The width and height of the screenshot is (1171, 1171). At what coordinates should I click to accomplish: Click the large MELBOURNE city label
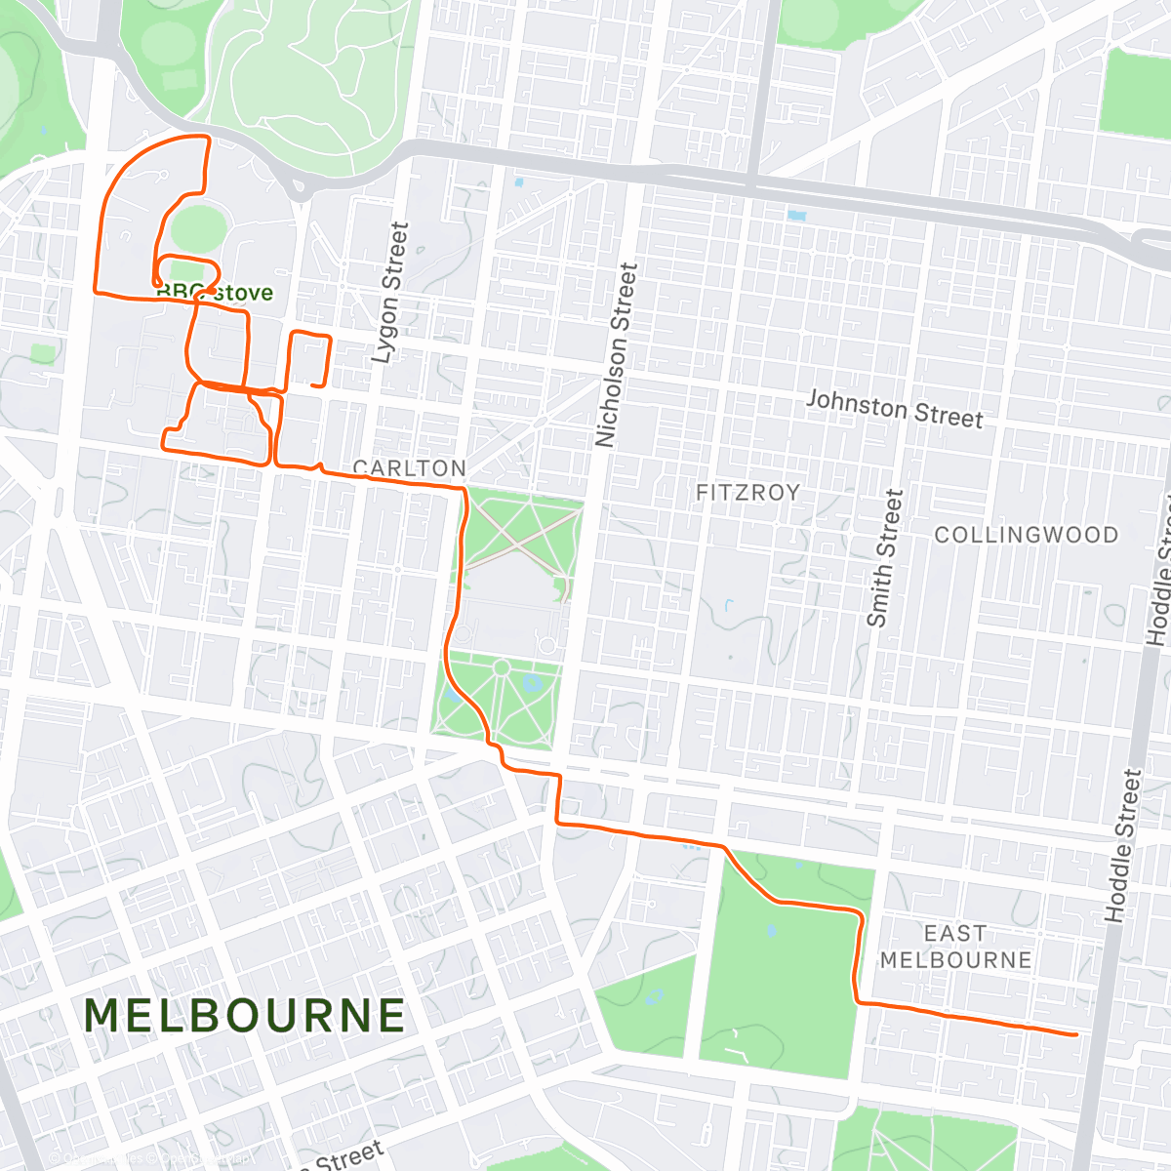pos(244,1016)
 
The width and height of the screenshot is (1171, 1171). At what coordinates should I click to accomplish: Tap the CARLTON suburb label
pos(409,468)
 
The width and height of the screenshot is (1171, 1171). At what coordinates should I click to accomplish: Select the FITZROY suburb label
pos(747,493)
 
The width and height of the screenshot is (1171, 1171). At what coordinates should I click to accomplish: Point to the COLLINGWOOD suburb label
pos(1026,535)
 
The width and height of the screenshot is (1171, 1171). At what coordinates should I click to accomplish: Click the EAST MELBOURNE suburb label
pos(955,947)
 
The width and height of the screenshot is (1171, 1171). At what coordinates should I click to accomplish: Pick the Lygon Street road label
pos(390,293)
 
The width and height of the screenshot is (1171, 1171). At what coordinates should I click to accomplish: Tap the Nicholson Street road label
pos(617,355)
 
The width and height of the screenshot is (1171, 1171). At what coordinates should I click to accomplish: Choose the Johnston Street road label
pos(894,409)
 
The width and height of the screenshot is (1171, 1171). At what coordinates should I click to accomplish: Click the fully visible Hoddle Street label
pos(1122,845)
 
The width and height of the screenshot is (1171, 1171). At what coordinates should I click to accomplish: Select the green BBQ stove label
pos(215,293)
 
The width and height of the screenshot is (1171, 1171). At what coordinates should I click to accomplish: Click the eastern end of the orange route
pos(1075,1034)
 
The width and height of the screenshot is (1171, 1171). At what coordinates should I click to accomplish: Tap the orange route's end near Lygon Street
pos(313,385)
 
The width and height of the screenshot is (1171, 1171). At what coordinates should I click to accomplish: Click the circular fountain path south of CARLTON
pos(501,668)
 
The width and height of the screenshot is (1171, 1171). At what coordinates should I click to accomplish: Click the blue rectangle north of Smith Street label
pos(796,216)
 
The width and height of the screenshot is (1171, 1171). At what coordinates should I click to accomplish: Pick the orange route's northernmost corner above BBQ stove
pos(206,138)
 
